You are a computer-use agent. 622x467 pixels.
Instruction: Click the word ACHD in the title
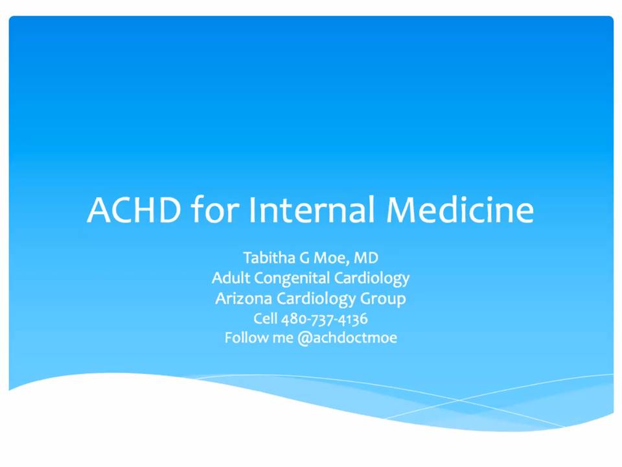[x=134, y=210]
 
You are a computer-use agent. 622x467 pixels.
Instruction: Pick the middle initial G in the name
[x=305, y=258]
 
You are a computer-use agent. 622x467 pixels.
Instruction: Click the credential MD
[x=366, y=258]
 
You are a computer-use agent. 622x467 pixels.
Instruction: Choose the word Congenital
[x=292, y=279]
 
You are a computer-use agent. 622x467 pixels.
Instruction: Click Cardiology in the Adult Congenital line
[x=372, y=279]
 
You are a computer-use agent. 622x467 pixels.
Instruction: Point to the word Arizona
[x=244, y=298]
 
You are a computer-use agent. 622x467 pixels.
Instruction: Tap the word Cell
[x=266, y=318]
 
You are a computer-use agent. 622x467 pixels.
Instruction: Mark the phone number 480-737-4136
[x=325, y=319]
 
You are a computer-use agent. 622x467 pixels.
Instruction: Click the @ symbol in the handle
[x=305, y=339]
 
